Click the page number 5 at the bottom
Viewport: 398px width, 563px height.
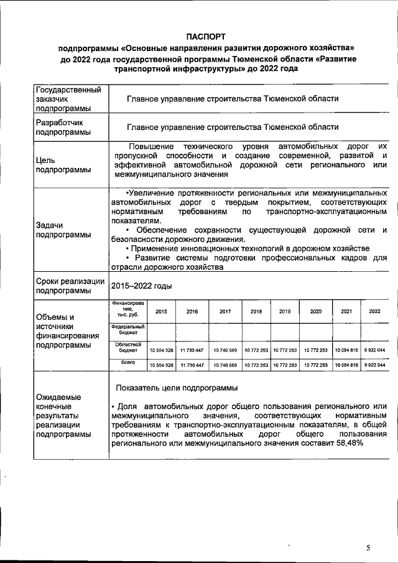(x=368, y=547)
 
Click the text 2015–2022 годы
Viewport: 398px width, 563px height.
(x=141, y=286)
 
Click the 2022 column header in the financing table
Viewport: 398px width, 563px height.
(x=375, y=311)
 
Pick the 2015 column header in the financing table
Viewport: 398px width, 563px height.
(x=160, y=311)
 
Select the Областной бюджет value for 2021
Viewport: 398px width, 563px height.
(x=346, y=351)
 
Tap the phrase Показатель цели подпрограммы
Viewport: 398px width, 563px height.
(x=176, y=388)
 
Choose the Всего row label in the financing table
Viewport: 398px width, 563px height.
(x=127, y=362)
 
